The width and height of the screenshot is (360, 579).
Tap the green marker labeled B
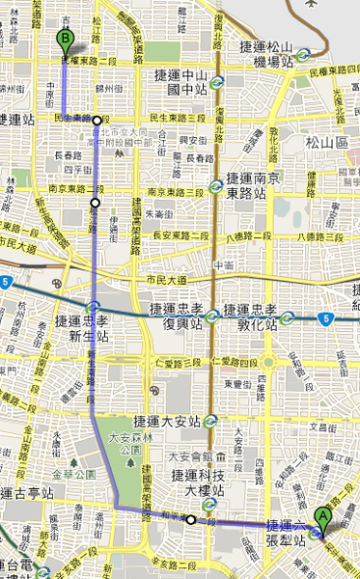[x=65, y=40]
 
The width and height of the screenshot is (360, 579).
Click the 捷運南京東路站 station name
[x=254, y=183]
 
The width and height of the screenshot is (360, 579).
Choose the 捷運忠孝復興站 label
[x=176, y=316]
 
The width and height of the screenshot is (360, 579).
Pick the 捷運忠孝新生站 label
[x=75, y=327]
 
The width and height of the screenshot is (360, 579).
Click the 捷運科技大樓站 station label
[x=198, y=482]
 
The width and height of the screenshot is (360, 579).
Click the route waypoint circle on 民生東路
[x=97, y=121]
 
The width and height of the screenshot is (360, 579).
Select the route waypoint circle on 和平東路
[x=191, y=520]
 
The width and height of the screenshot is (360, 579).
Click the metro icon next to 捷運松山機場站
[x=304, y=55]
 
